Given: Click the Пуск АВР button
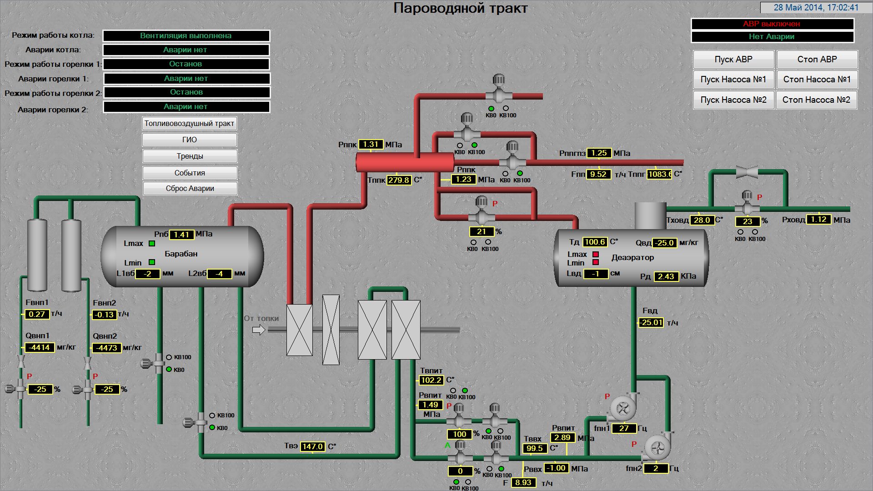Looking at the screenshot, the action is tap(733, 60).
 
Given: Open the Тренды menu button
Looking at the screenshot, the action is tap(190, 156).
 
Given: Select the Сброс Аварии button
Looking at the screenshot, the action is tap(190, 188).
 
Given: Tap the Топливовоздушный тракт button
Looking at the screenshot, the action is tap(189, 123).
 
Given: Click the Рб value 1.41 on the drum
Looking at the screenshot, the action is tap(181, 235).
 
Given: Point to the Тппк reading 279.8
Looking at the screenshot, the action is tap(399, 180).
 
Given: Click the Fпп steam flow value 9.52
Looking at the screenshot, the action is tap(598, 174).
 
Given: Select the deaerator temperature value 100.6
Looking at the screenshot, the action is tap(595, 242).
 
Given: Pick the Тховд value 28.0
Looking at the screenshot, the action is tap(702, 220).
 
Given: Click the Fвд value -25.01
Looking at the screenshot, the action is tap(652, 322).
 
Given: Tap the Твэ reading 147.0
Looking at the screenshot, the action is tap(313, 446).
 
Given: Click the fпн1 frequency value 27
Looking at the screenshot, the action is tap(624, 428).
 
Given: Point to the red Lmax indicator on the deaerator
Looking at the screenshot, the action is tap(596, 254).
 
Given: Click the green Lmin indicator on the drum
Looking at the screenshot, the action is tap(152, 262).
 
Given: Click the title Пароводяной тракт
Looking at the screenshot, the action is tap(461, 8).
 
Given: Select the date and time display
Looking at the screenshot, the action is tap(816, 8).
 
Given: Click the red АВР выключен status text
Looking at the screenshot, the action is tap(772, 24).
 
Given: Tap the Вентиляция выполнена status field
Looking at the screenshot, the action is tap(186, 35).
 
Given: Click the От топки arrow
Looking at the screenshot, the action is tap(259, 330).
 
